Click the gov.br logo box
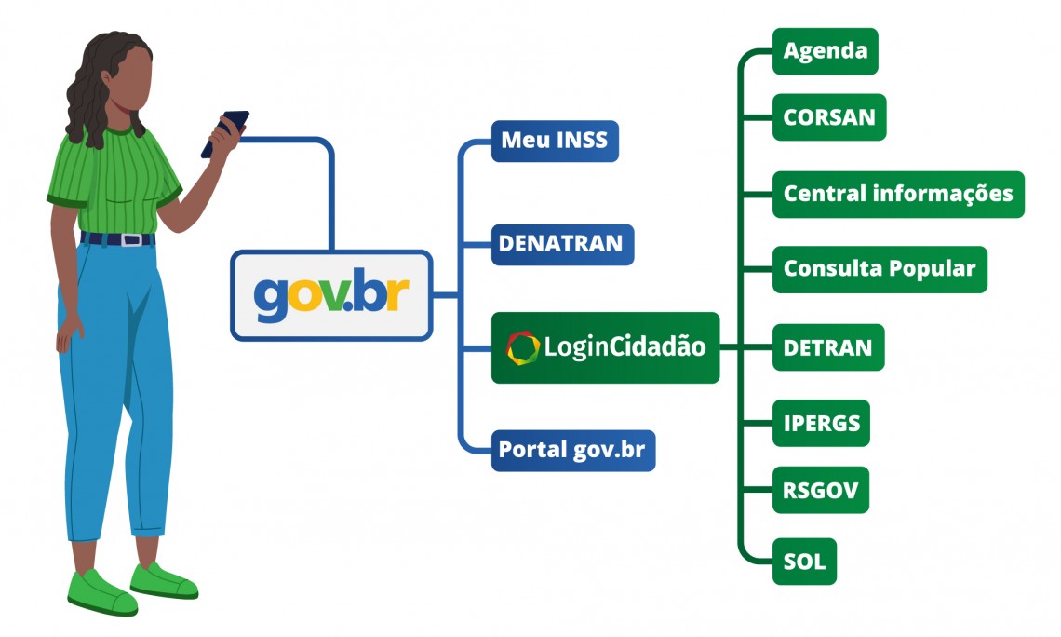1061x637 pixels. [x=331, y=295]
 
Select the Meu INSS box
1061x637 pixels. [x=554, y=141]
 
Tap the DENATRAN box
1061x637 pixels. [x=562, y=244]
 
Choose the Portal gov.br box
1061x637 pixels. [x=572, y=450]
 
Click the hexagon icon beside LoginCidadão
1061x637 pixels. [x=523, y=347]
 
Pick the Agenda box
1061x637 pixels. [x=825, y=51]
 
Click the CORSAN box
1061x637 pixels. [x=828, y=117]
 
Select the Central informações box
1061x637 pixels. [x=897, y=194]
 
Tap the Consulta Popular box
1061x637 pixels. [x=879, y=269]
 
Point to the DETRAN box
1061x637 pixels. [x=827, y=347]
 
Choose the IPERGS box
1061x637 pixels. [x=821, y=424]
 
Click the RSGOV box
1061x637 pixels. [x=820, y=489]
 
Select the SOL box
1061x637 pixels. [x=804, y=561]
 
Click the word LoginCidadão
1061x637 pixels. [x=625, y=347]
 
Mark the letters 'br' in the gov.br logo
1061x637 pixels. [x=383, y=295]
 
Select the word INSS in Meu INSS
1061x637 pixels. [x=581, y=141]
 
